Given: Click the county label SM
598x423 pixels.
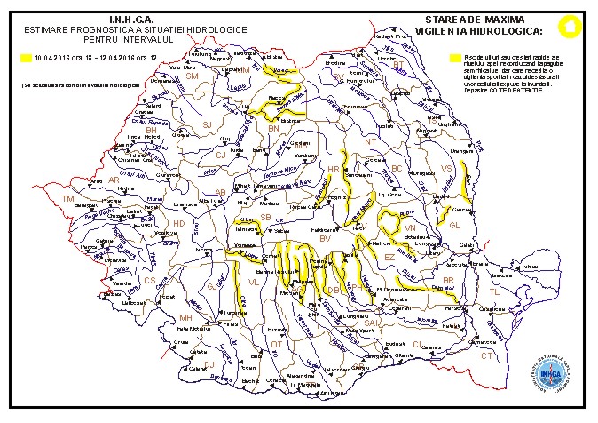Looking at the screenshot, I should pos(192,76).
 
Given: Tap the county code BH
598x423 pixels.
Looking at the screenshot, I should pos(151,130).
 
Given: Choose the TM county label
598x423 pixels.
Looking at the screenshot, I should pos(67,199).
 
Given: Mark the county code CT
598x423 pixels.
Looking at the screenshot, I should pos(486,355).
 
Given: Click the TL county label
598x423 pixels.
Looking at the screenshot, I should pos(493,291).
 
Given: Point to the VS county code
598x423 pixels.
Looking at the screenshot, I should pos(446,168).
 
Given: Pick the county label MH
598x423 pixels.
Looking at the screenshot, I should pos(185,317).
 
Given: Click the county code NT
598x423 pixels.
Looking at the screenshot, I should pos(370,141).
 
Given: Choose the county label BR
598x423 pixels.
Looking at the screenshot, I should pos(448,281).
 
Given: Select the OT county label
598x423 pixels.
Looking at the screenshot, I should pos(276,343).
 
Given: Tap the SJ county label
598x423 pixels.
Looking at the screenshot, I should pos(208,125).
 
